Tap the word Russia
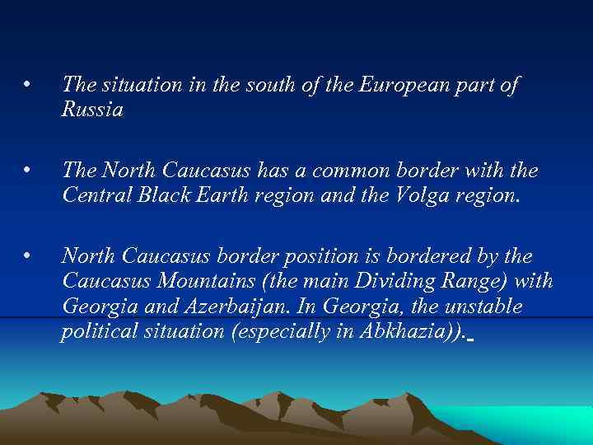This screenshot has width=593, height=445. click(x=92, y=110)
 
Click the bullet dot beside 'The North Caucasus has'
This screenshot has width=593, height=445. click(x=27, y=171)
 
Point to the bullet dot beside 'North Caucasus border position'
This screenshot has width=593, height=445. click(x=27, y=256)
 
